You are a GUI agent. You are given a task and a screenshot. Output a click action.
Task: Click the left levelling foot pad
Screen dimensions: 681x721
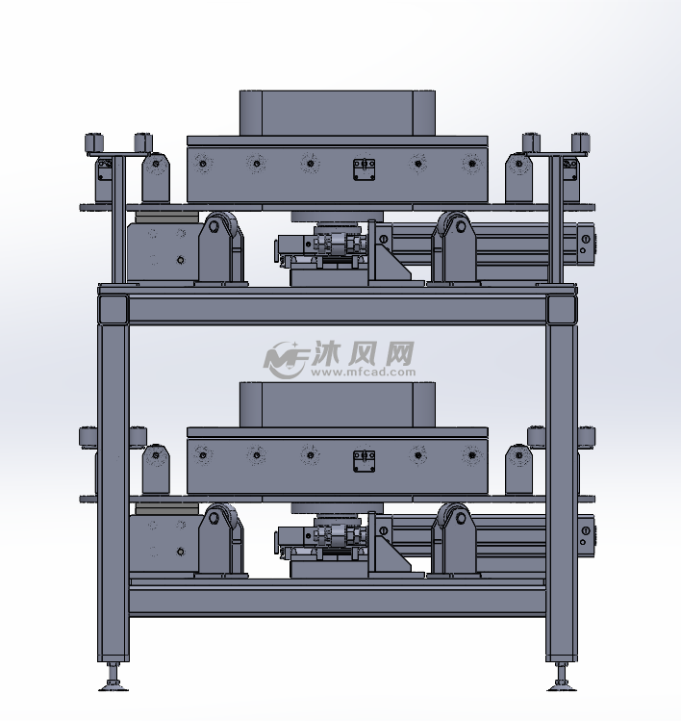tap(113, 688)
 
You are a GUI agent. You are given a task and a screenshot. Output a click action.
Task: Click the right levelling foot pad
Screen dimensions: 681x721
tap(562, 688)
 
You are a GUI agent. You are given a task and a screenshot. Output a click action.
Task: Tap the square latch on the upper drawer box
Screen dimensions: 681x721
tap(364, 169)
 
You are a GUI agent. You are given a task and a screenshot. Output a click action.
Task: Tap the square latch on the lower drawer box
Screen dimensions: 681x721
tap(364, 461)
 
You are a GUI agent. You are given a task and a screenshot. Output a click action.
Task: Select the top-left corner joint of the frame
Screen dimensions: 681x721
tap(113, 309)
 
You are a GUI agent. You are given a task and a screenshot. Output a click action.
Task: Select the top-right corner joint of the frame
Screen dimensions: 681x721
tap(562, 309)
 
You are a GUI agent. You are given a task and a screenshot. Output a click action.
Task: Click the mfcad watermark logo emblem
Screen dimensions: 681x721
tap(286, 360)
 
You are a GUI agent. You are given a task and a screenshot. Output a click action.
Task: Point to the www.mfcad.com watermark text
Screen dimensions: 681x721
tap(363, 372)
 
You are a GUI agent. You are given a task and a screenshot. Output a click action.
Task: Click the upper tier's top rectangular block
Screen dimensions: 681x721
tap(338, 114)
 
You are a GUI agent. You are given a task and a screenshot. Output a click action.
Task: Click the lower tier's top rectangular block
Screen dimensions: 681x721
tap(338, 404)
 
